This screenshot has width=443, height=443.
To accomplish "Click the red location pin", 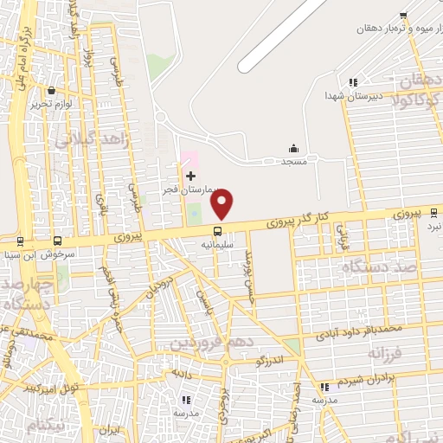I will click(222, 203).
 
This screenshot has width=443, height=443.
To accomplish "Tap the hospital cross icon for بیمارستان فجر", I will click(190, 176).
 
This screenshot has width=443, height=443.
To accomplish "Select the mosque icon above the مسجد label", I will click(292, 149).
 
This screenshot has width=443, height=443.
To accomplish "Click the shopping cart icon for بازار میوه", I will click(403, 15).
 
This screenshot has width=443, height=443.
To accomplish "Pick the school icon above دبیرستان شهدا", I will click(352, 82).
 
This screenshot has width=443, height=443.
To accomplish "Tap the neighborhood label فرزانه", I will click(386, 355).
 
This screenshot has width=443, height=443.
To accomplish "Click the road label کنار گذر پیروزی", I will click(304, 221).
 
